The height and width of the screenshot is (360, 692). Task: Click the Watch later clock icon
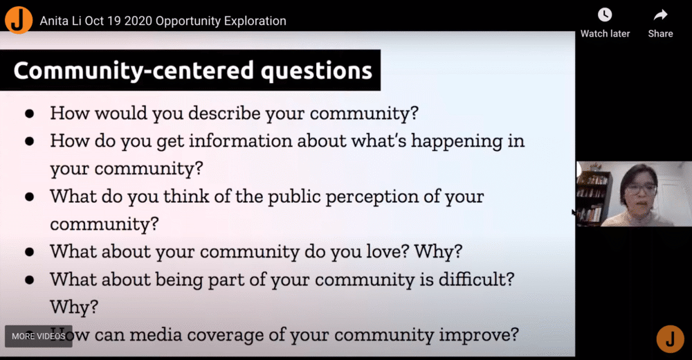point(605,15)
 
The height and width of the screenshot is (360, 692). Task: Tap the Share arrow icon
point(660,15)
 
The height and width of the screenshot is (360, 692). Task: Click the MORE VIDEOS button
point(38,336)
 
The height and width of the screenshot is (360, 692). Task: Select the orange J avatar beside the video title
point(19,20)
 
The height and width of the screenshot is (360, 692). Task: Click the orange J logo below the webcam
point(670,339)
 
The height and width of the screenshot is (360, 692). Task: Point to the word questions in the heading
point(316,71)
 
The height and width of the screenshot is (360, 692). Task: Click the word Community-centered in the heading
point(134,70)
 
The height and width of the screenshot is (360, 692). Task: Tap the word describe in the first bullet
point(224,113)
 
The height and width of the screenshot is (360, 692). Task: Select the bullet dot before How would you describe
point(30,114)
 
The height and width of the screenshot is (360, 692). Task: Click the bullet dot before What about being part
point(30,280)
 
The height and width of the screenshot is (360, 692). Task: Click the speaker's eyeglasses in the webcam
point(641,188)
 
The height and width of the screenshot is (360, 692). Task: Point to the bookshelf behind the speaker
point(592,197)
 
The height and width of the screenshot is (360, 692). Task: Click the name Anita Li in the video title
point(60,21)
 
